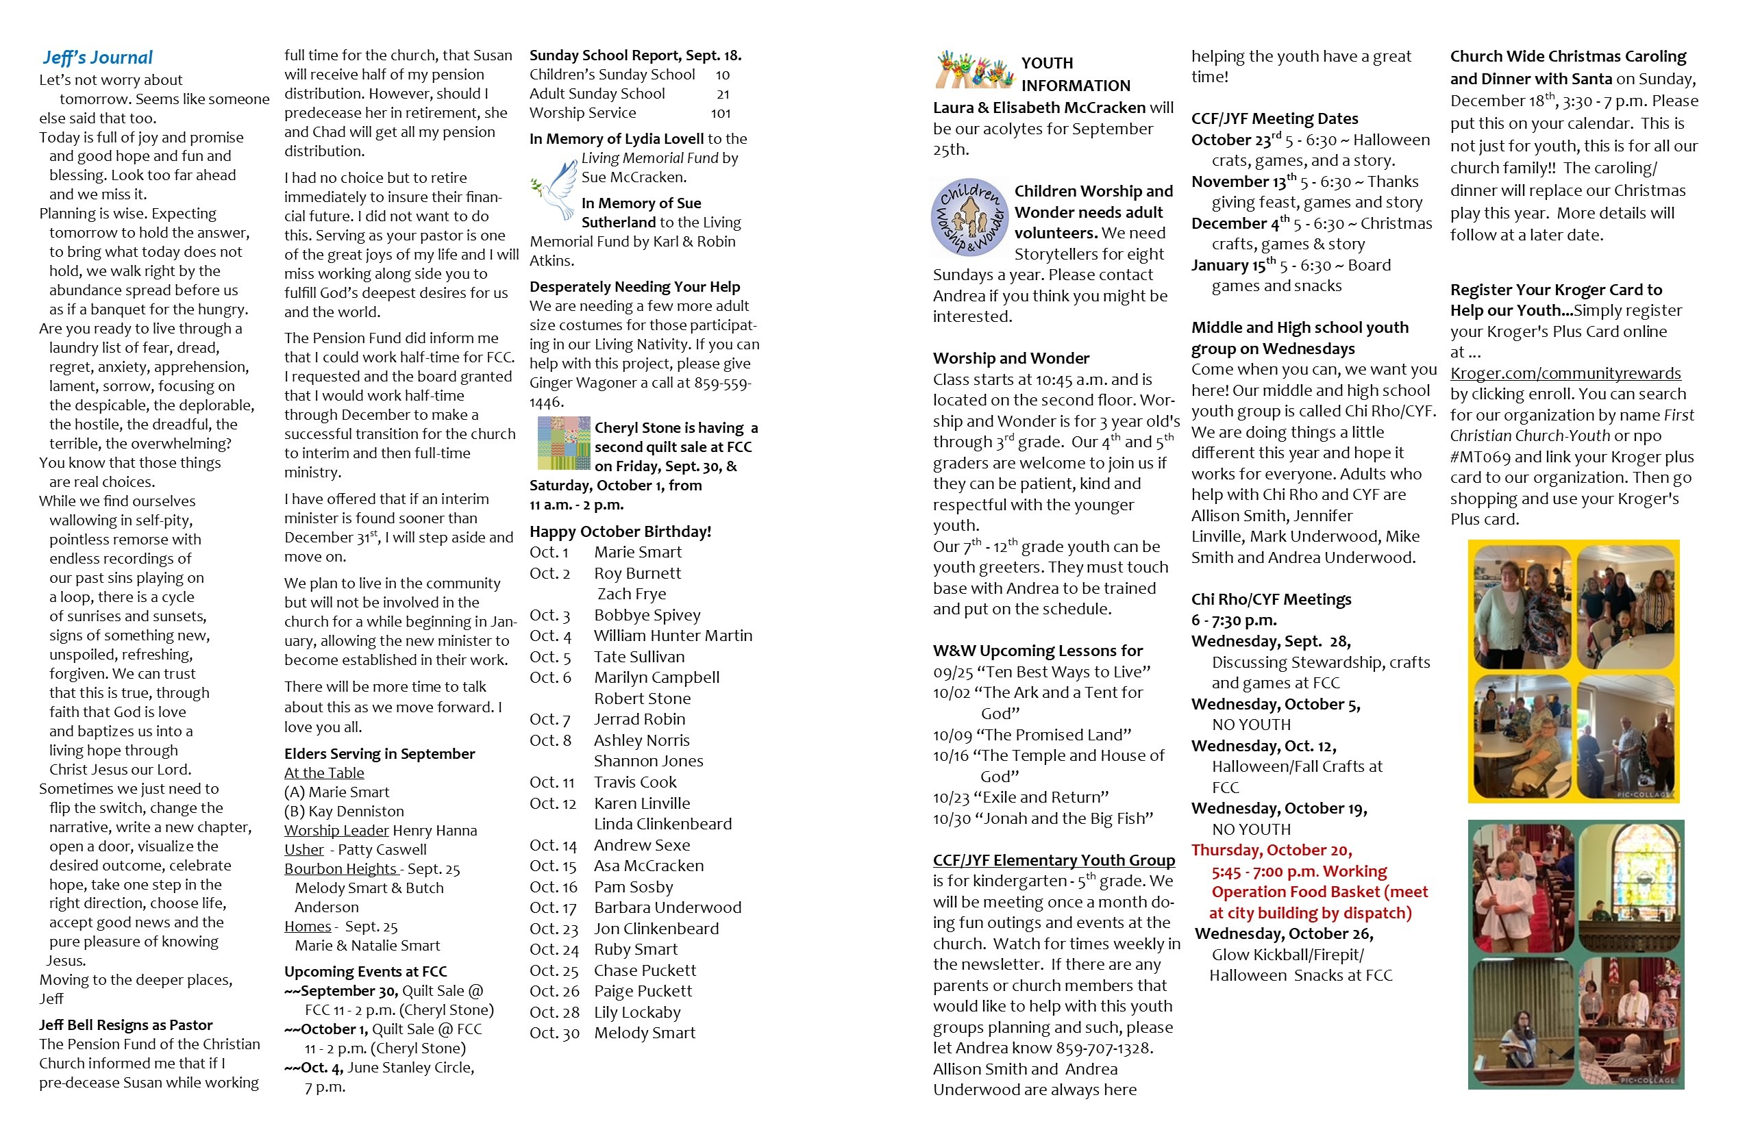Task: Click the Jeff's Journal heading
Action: tap(97, 58)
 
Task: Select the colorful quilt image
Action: tap(563, 443)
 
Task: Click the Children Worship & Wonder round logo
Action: tap(969, 217)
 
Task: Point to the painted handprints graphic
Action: tap(974, 70)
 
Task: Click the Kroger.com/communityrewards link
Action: tap(1565, 373)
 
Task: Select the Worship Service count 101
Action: tap(720, 113)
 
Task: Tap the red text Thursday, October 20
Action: tap(1272, 850)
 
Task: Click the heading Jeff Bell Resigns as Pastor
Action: tap(125, 1025)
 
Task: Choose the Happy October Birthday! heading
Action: tap(620, 531)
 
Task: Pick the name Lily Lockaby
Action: tap(637, 1012)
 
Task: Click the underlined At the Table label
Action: tap(323, 773)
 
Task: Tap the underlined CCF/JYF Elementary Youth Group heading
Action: tap(1054, 860)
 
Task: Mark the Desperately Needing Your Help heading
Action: tap(634, 287)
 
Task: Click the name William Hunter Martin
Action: tap(673, 636)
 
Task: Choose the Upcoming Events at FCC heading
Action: tap(366, 972)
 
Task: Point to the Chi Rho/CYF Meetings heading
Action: tap(1271, 599)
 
